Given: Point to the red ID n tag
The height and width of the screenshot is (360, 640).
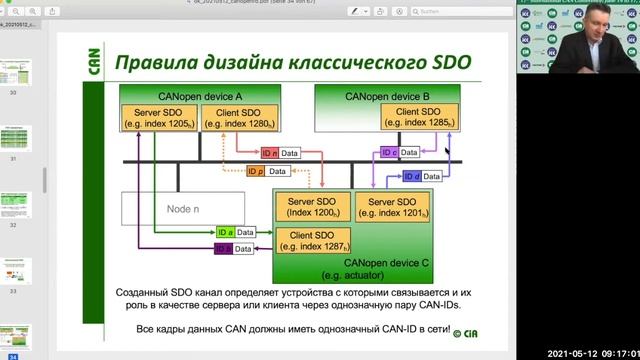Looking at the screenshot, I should pyautogui.click(x=269, y=153).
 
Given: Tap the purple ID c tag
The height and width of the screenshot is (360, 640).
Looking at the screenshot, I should pyautogui.click(x=389, y=153).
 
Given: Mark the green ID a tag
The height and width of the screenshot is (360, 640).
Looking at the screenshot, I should pyautogui.click(x=223, y=230).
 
